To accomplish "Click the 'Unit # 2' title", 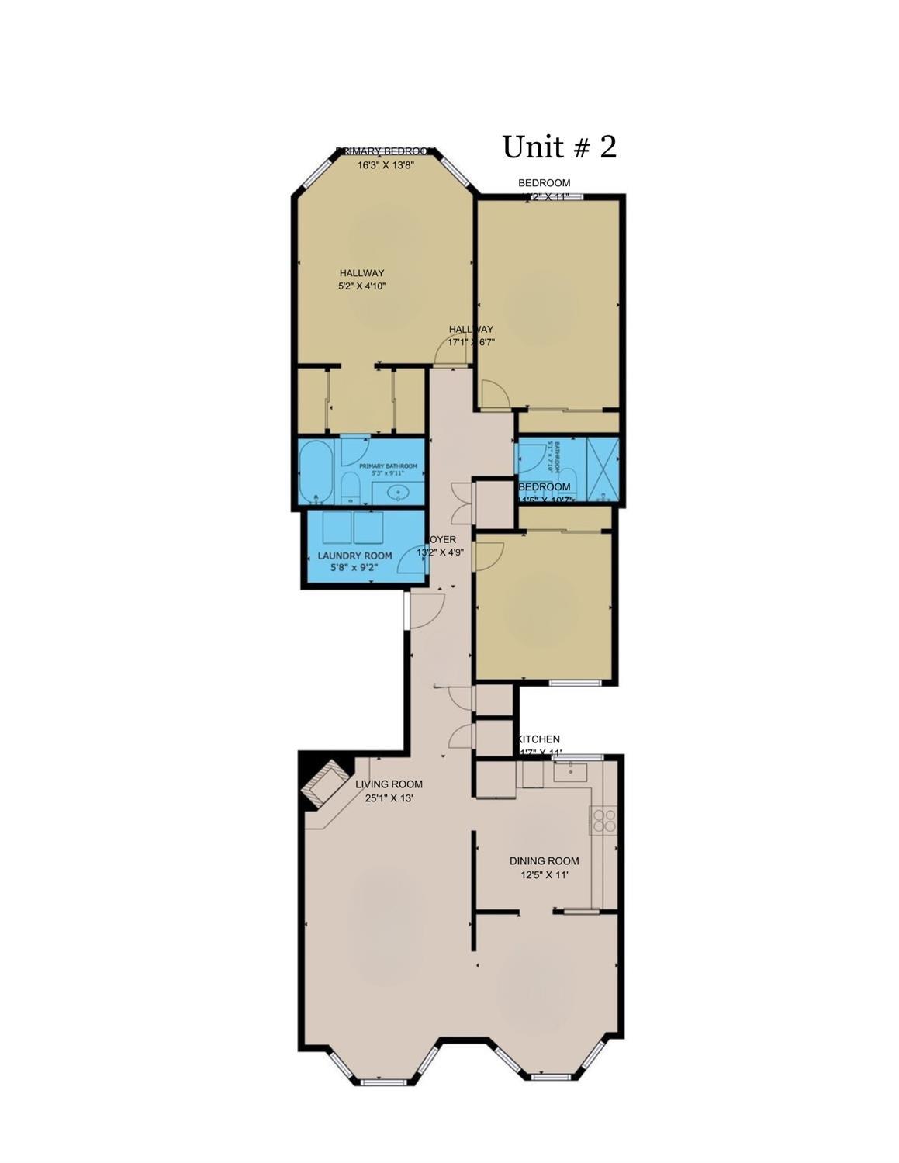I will tap(559, 147).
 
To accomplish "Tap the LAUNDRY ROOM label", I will tap(354, 556).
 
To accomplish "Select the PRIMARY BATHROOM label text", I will tap(388, 466).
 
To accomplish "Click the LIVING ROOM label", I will tap(389, 784).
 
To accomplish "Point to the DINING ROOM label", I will tap(544, 860).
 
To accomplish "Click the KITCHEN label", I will tap(539, 739).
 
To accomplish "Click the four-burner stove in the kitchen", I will tap(604, 821).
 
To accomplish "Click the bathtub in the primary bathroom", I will tap(316, 472).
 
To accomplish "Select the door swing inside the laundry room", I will tap(413, 562).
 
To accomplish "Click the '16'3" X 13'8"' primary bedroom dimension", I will tap(386, 164).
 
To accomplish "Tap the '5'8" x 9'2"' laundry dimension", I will tap(354, 568).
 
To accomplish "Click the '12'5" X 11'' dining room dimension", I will tap(545, 875).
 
